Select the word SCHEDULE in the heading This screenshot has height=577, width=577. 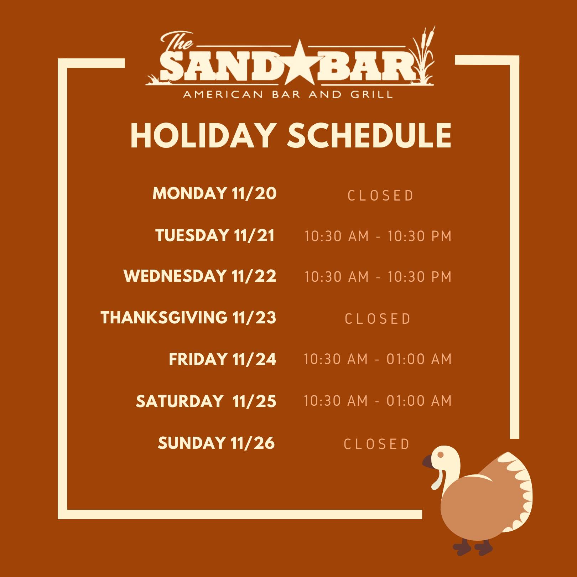369,135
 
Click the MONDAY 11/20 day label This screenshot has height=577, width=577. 214,193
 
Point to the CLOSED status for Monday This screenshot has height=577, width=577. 380,196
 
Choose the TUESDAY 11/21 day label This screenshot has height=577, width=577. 215,235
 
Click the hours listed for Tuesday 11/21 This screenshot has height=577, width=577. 378,236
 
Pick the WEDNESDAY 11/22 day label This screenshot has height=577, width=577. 200,276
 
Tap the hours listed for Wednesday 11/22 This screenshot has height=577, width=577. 378,277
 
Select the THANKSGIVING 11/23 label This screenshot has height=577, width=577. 188,318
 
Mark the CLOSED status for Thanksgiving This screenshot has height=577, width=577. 378,319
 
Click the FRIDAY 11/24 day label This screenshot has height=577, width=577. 223,359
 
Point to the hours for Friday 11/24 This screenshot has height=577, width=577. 378,359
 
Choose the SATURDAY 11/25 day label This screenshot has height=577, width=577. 206,401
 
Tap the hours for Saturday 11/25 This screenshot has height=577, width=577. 378,401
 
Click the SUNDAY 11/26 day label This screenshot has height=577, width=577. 216,443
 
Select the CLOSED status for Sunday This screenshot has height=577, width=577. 376,444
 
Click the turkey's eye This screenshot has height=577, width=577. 441,455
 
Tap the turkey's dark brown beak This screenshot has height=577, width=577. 427,462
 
